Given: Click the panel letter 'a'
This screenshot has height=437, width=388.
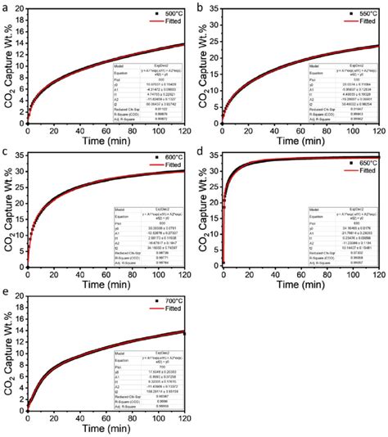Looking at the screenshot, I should click(x=5, y=6).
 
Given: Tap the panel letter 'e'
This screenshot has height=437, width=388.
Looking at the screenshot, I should click(x=5, y=294).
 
